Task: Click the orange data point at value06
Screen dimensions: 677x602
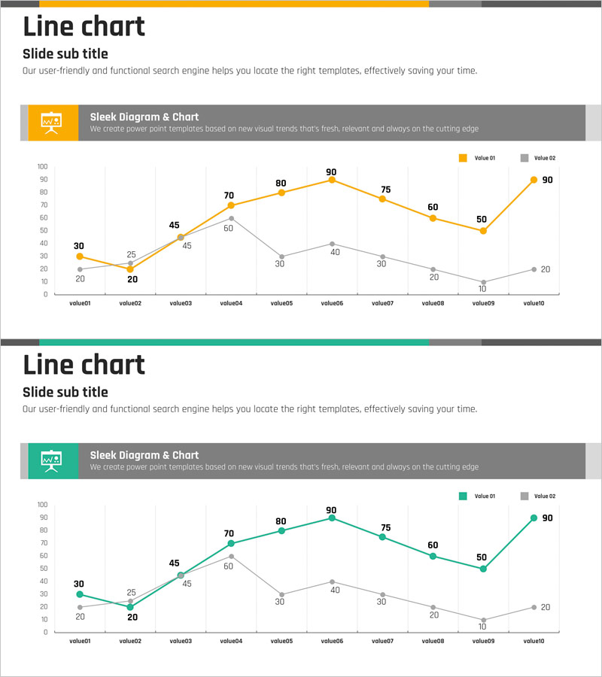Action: (x=332, y=180)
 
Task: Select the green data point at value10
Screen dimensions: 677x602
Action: (x=534, y=518)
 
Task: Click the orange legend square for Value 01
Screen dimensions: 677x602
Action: (x=463, y=158)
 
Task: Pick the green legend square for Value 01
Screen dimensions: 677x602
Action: (x=463, y=496)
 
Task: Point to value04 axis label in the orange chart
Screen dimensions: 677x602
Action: (x=231, y=303)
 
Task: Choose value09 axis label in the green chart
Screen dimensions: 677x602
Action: (x=483, y=641)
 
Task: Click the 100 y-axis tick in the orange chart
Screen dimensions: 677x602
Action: (x=42, y=166)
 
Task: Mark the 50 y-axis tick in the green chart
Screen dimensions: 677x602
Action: (x=43, y=569)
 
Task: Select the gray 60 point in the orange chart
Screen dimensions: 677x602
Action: (x=231, y=218)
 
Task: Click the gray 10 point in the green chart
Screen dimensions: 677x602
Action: (x=483, y=620)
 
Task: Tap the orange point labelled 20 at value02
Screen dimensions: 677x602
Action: (x=130, y=269)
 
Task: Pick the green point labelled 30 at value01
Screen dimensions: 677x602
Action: (x=80, y=594)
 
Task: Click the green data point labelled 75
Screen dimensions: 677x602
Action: (x=382, y=537)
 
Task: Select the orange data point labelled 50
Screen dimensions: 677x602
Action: (x=483, y=231)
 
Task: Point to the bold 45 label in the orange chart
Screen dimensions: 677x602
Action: (x=174, y=225)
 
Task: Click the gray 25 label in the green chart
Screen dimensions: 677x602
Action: (x=131, y=593)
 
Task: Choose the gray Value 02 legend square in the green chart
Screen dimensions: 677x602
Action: (x=524, y=496)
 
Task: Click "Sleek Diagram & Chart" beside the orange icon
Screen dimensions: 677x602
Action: (x=144, y=117)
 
